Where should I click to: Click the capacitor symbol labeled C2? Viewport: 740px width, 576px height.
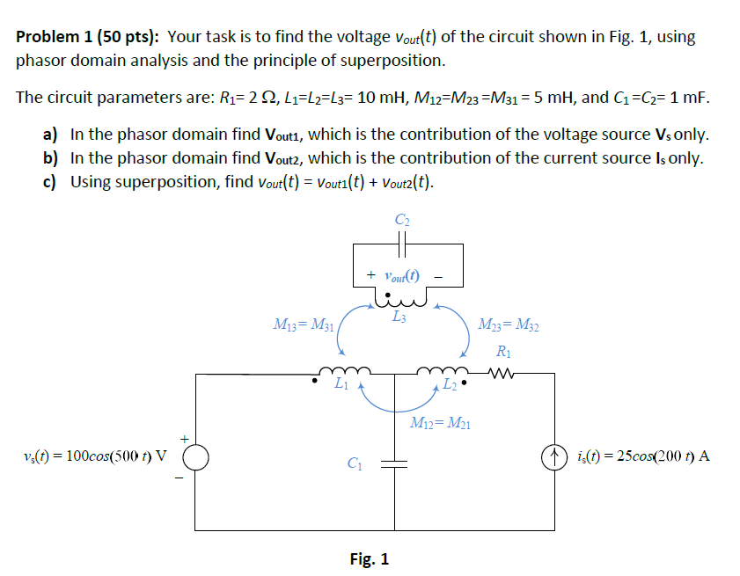(401, 241)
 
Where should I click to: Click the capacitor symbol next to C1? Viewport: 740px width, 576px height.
(395, 462)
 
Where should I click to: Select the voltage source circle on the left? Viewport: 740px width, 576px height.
(195, 457)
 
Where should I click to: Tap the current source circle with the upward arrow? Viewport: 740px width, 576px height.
(554, 457)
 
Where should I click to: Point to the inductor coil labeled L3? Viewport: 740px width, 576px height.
(400, 302)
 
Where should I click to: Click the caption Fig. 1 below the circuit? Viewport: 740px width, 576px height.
(369, 559)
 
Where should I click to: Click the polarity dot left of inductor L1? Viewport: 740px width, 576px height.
(315, 383)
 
